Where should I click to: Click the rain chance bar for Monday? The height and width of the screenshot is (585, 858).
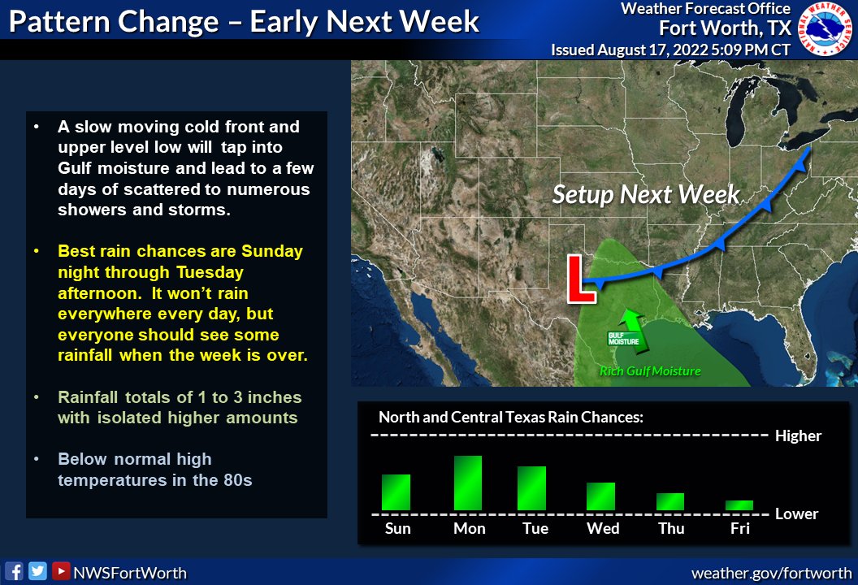468,483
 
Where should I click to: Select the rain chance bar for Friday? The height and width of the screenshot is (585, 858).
739,505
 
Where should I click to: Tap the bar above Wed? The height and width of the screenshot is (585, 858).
600,496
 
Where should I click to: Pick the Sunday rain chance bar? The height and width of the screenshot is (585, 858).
396,492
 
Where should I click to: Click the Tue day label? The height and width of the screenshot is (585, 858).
535,529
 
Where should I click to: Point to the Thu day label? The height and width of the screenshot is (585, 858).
670,529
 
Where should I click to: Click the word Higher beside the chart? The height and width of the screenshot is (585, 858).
798,436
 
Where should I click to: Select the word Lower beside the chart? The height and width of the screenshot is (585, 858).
796,513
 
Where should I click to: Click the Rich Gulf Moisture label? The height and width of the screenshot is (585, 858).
650,371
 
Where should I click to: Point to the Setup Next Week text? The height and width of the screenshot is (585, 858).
646,194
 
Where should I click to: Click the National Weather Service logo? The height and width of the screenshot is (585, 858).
827,29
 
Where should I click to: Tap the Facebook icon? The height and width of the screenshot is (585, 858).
14,571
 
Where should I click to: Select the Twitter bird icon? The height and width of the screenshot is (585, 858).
37,571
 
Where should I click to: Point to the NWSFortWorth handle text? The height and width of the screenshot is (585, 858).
130,573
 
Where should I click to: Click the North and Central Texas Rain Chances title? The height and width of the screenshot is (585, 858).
511,418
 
